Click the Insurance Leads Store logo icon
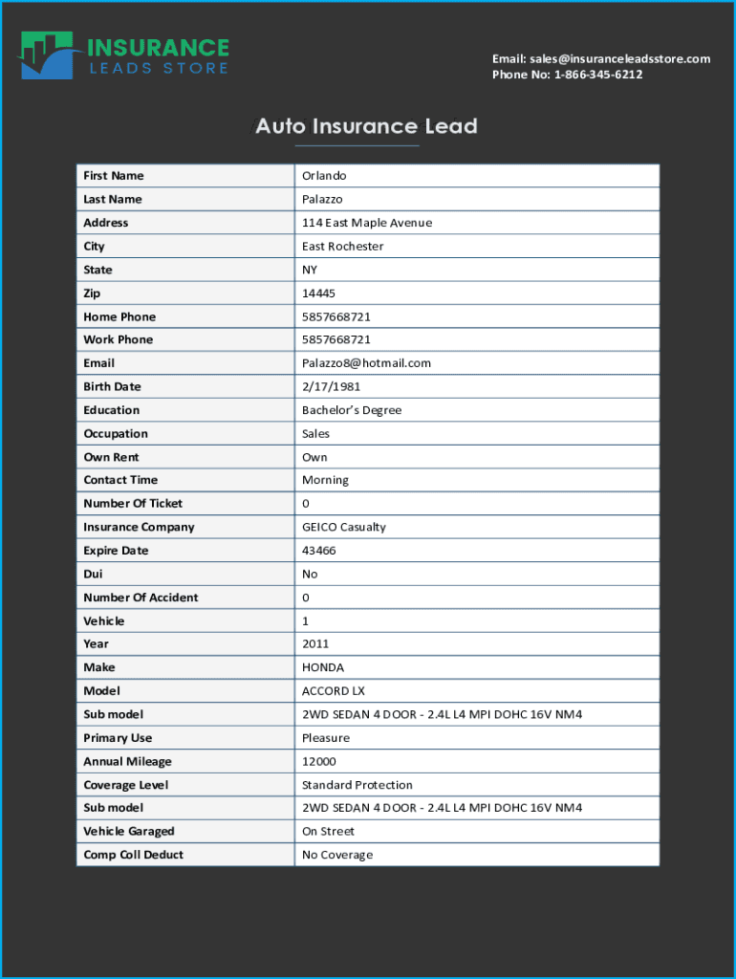(49, 56)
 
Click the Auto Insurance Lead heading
(366, 126)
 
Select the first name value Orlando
(324, 176)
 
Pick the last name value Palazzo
(322, 199)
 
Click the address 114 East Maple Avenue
(367, 223)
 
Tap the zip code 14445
(318, 294)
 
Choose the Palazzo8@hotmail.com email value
(366, 363)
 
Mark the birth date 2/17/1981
(331, 387)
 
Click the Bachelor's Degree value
(352, 410)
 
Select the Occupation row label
(116, 434)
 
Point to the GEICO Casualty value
(344, 528)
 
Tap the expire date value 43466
(318, 551)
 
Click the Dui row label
(93, 575)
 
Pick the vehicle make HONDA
(323, 667)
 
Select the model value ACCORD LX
(334, 691)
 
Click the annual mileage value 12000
(318, 762)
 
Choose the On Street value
(328, 832)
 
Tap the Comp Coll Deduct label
(133, 855)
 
